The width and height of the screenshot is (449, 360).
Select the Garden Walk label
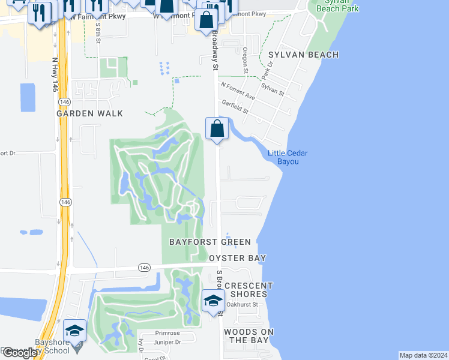(x=90, y=113)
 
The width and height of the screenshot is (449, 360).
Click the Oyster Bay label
(x=237, y=258)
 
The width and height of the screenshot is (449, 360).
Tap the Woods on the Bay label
(x=249, y=336)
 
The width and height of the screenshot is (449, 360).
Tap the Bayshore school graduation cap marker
(x=74, y=331)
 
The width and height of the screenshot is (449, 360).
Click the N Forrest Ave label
(x=238, y=91)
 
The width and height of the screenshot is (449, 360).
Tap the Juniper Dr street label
(x=168, y=343)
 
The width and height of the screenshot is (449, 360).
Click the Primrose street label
(x=167, y=332)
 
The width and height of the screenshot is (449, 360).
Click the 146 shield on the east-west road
(x=143, y=267)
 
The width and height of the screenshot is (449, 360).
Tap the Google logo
(x=20, y=353)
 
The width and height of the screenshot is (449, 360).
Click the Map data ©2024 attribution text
(x=423, y=355)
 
